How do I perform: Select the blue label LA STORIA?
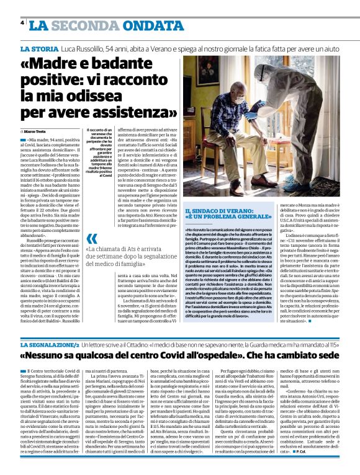41,48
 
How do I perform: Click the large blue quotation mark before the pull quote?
92,238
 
